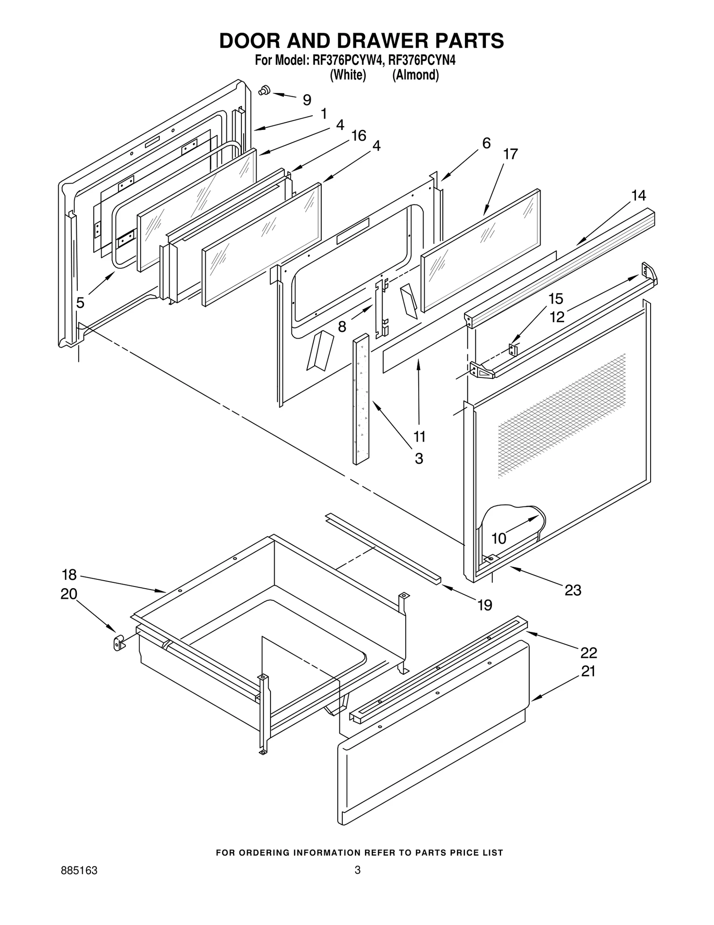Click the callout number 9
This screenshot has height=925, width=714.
pos(307,100)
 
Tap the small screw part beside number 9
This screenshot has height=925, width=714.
pos(264,90)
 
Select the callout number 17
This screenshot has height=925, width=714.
pos(511,155)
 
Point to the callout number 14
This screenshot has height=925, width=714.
pos(639,196)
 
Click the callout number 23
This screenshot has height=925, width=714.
pos(573,590)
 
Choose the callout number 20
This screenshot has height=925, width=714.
pos(69,594)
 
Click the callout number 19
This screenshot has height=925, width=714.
pos(485,605)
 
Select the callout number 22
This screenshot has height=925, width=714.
pos(589,653)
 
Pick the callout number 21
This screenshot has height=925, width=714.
pos(588,672)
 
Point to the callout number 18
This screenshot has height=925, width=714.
pos(69,574)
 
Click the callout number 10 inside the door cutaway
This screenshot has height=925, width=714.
pos(499,539)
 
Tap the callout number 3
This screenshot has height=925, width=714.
pos(419,459)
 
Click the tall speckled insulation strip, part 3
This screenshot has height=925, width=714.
pos(361,400)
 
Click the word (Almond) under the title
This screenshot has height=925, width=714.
pos(415,75)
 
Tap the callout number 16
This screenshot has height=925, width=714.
pos(358,136)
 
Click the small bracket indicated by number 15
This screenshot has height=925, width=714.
pos(513,350)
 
